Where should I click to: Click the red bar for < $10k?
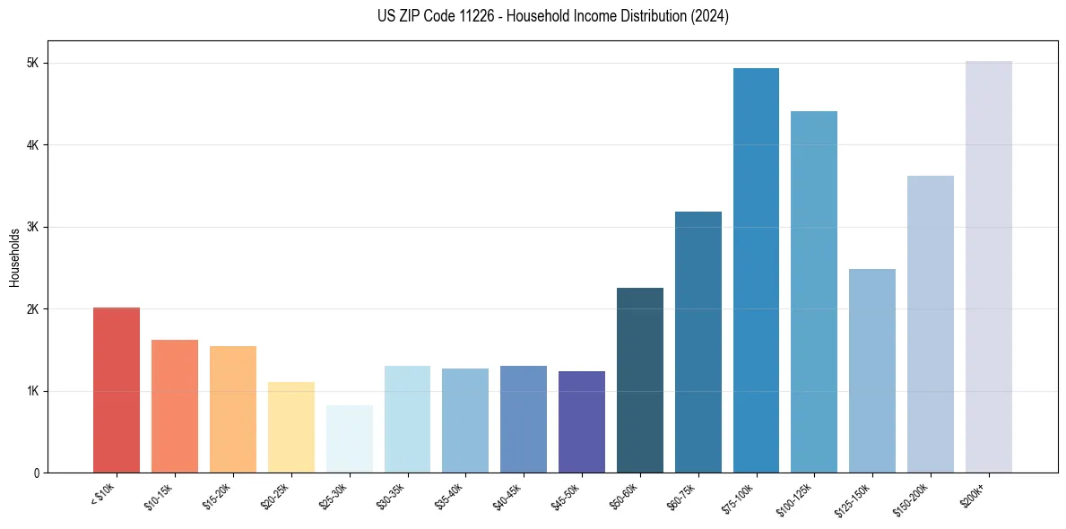(x=117, y=390)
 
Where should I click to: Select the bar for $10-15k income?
(x=175, y=406)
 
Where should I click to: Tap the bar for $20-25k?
(x=290, y=428)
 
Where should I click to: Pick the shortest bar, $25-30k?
(x=349, y=439)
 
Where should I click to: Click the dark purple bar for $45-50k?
(x=582, y=422)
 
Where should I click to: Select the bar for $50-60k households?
(x=640, y=380)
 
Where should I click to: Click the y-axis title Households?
(x=14, y=257)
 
